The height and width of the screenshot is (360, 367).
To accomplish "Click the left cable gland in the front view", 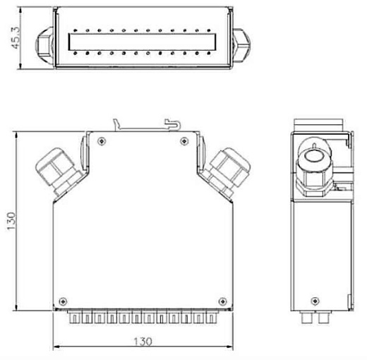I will pos(56,169).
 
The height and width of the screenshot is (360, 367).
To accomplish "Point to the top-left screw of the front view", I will pos(104,142).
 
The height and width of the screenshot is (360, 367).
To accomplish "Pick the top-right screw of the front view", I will pos(183,142).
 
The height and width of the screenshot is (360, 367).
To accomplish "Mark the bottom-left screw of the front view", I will pos(64,296).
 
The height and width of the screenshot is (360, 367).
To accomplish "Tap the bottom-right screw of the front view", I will pos(223,296).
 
